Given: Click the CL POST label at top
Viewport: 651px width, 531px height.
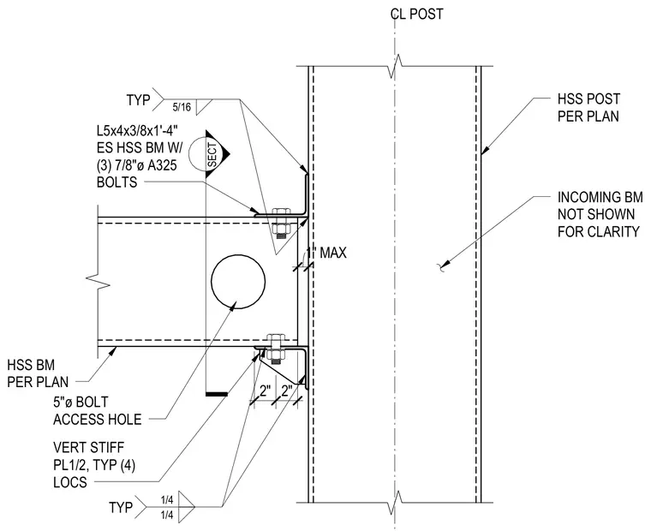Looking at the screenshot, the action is point(416,14).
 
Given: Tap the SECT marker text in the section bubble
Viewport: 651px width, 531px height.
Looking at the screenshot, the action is point(212,155).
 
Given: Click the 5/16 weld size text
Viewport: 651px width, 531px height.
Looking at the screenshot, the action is point(182,107).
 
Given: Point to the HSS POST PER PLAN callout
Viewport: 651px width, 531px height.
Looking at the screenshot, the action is point(588,108).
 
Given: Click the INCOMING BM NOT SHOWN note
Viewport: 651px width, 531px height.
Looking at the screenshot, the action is point(598,214).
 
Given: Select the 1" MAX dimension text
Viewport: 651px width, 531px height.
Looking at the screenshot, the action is point(326,253).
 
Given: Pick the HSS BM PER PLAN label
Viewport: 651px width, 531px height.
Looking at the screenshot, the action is point(38,373).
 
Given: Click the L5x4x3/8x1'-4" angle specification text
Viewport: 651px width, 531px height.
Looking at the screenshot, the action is point(137,131).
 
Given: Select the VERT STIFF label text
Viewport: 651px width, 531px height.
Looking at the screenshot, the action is point(89,448).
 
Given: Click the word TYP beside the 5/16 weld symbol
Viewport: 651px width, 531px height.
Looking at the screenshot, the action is point(138,100).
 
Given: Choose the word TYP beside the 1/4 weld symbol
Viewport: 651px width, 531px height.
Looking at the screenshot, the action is point(121,507).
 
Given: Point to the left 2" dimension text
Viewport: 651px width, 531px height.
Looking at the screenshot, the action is point(265,391).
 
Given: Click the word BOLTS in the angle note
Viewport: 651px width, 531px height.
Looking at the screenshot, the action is point(116,182).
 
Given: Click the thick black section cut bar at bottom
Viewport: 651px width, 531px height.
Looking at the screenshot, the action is point(217,394).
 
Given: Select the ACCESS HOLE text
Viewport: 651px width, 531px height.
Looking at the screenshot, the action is point(97,420).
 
